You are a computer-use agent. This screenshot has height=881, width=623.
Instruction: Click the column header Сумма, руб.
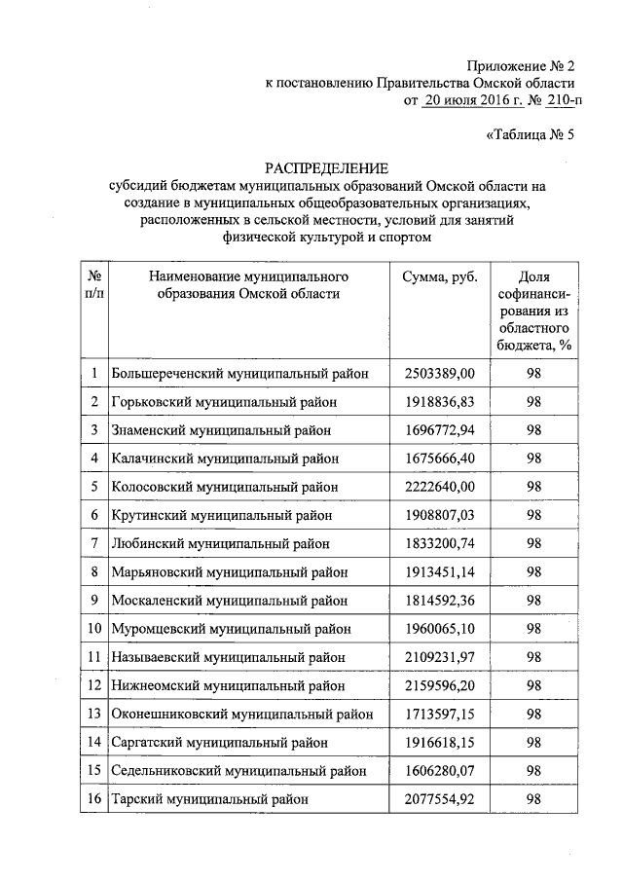[440, 277]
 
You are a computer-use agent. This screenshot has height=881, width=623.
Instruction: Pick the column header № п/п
[93, 286]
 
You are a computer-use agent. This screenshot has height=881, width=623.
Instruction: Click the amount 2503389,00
[440, 373]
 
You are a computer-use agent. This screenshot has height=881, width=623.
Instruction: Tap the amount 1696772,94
[440, 429]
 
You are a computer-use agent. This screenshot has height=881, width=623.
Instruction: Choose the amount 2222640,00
[440, 486]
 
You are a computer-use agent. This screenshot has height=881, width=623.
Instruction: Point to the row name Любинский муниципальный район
[220, 543]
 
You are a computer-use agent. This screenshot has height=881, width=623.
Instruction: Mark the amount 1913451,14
[440, 571]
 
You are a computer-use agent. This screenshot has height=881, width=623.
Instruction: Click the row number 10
[93, 629]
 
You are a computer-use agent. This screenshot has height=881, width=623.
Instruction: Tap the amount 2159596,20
[440, 685]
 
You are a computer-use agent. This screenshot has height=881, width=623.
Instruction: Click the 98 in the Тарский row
[533, 798]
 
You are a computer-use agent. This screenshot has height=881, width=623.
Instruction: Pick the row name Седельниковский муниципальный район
[239, 770]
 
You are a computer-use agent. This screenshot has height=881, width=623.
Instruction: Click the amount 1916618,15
[440, 742]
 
